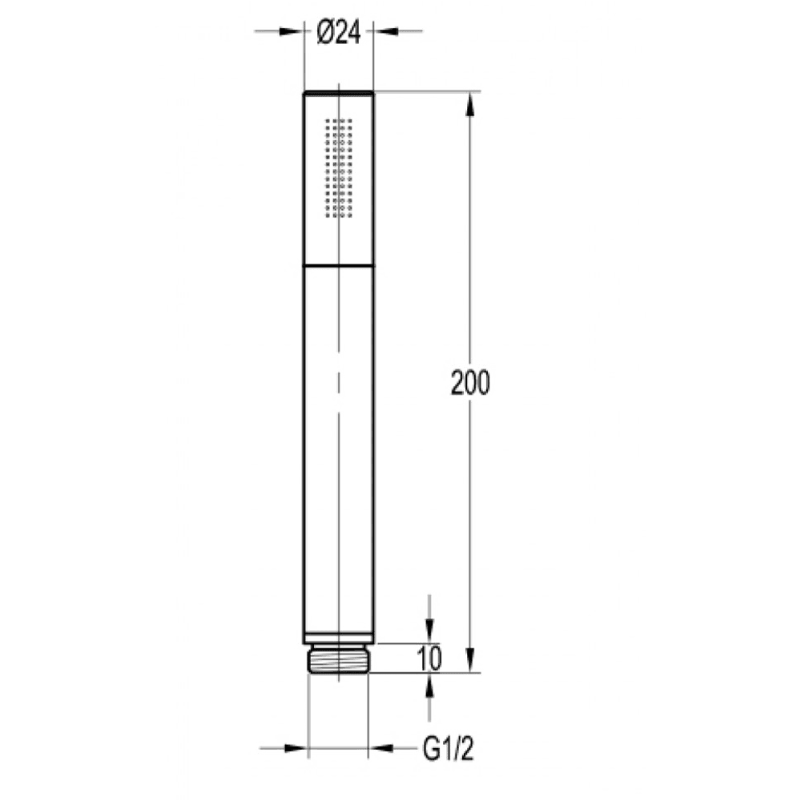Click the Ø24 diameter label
(339, 33)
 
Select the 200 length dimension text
(470, 382)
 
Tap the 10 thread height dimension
(429, 658)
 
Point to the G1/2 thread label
(449, 750)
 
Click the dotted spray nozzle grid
(339, 168)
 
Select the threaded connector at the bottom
(339, 659)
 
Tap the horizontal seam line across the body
(339, 266)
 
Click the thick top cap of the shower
(339, 92)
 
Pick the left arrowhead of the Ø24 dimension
(292, 31)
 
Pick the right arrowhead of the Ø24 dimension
(386, 31)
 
